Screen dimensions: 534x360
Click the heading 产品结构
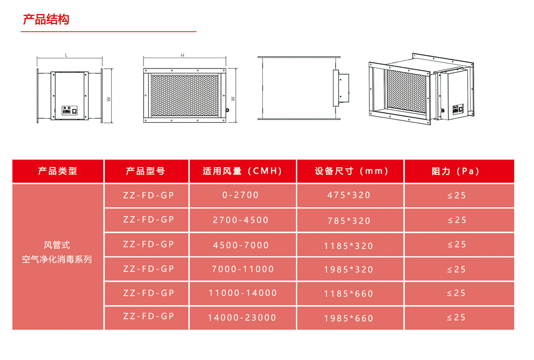[46, 19]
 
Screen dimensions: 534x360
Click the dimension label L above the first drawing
[66, 55]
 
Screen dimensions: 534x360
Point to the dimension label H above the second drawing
[182, 56]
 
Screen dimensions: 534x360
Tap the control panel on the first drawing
[70, 111]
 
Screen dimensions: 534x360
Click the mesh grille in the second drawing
[184, 96]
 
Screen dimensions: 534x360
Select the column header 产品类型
[58, 171]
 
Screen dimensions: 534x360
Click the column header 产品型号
[146, 171]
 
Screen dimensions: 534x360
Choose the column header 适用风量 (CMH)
[242, 171]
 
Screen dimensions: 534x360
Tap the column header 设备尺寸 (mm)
[352, 171]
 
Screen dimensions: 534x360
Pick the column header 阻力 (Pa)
[456, 171]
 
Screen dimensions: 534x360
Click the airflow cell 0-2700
[241, 195]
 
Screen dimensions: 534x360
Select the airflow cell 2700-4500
[241, 220]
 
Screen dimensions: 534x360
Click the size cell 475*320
[349, 195]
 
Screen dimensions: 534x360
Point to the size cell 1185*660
[348, 294]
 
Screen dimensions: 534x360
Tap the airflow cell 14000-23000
[242, 318]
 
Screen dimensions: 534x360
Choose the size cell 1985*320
[348, 269]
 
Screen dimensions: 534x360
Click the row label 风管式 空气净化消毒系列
[57, 252]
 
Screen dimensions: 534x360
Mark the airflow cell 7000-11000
[243, 269]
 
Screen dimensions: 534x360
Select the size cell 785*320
[349, 221]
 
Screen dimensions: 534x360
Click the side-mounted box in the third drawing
[341, 88]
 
